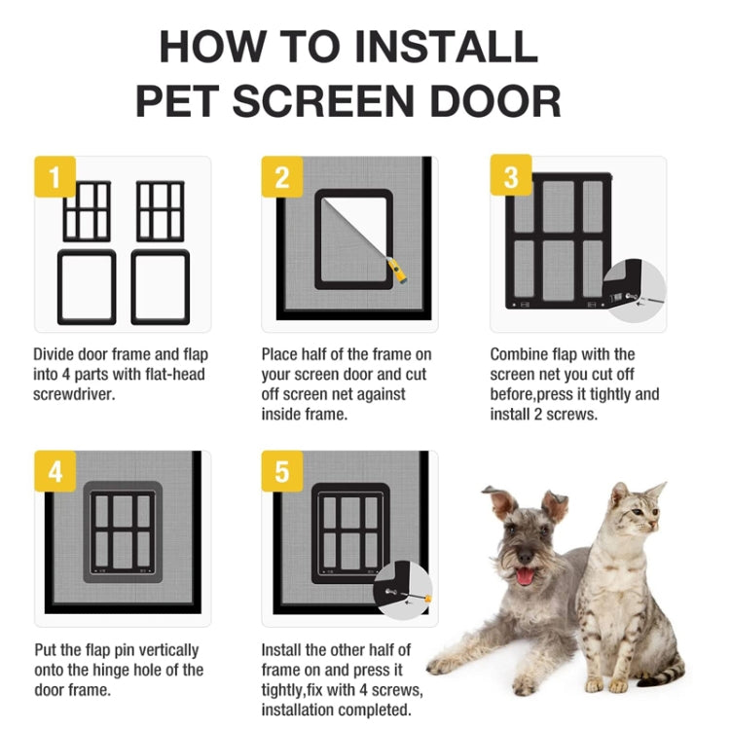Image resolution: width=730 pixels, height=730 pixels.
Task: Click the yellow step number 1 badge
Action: pos(55,176)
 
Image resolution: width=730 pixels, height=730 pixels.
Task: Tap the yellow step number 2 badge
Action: pos(281,176)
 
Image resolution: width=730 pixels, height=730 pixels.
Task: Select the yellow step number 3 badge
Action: pos(511,176)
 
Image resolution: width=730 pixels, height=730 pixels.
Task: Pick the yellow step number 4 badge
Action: pos(55,471)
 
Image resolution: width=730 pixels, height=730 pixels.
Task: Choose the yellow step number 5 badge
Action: pos(281,471)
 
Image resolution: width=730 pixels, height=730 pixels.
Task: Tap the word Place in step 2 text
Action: pos(280,354)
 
